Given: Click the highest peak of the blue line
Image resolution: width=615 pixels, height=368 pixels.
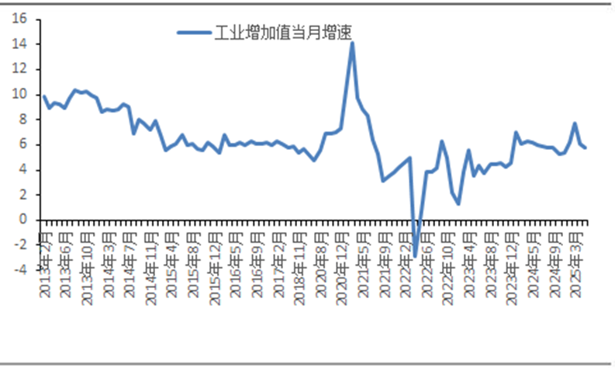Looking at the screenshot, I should point(352,43).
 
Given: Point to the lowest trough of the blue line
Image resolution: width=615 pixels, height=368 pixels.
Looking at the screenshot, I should point(415,255).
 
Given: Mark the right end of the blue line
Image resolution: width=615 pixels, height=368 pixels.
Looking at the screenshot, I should point(586,148).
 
